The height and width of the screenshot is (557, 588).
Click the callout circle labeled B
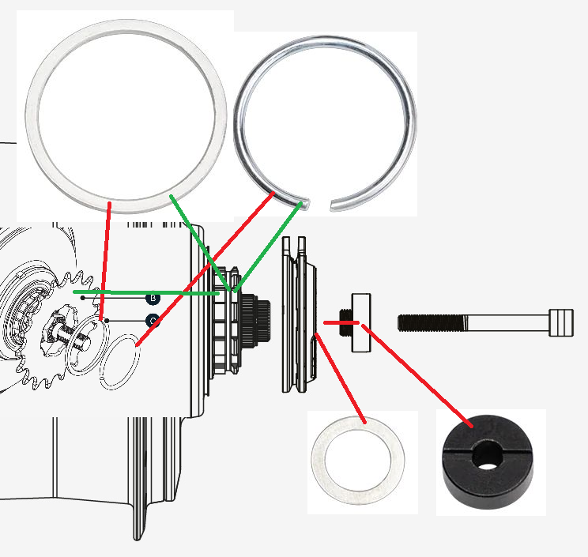pos(153,298)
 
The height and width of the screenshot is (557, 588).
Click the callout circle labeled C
pos(153,321)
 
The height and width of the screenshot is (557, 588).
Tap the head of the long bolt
pos(560,322)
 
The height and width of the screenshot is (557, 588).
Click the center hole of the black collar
pos(488,457)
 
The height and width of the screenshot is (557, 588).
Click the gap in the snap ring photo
pos(319,205)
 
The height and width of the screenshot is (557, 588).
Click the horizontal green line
pos(142,292)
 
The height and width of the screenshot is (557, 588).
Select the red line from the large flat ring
pos(105,261)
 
